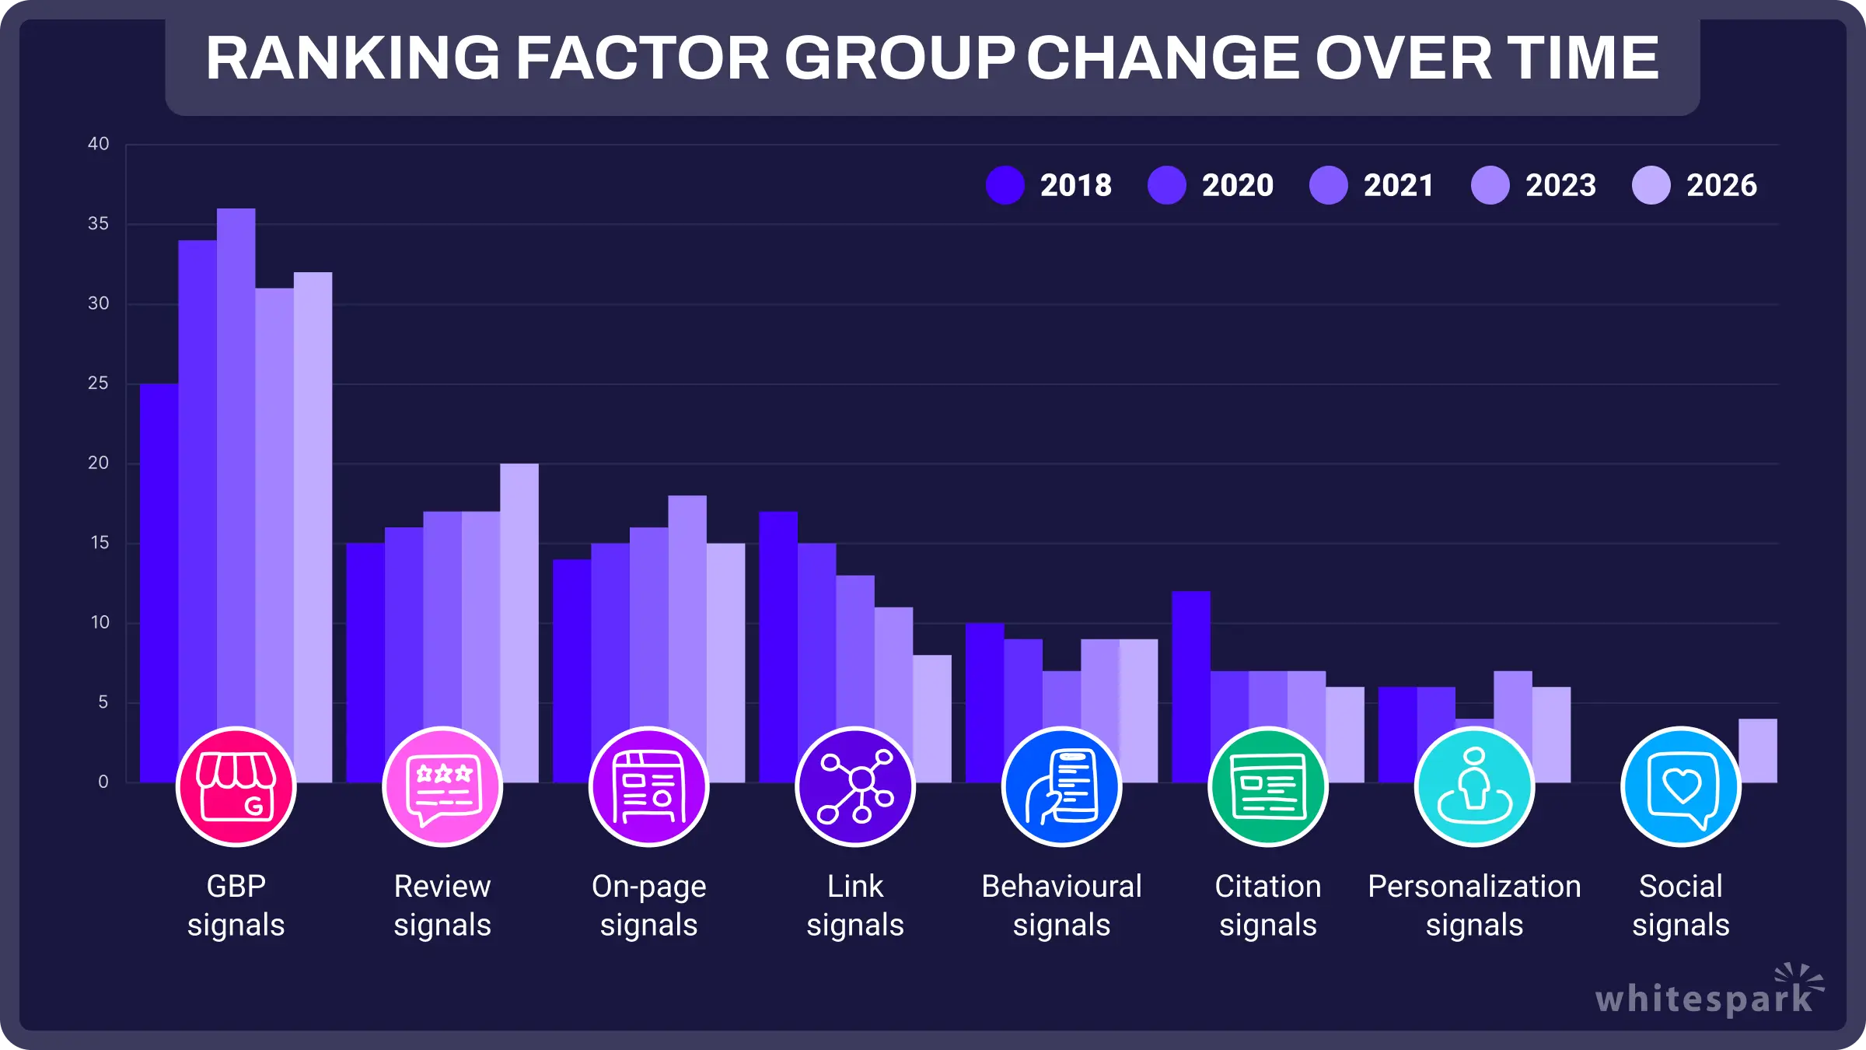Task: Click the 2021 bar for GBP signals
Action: (236, 467)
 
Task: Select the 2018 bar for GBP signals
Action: (159, 560)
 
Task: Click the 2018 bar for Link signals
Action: (778, 622)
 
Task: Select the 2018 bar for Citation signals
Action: (1191, 661)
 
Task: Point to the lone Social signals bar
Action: (1757, 751)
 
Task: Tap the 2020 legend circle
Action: (1166, 185)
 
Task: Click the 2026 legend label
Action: (1721, 185)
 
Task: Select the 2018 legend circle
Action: (1005, 185)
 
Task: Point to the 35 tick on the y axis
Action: (98, 224)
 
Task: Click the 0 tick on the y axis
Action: (103, 782)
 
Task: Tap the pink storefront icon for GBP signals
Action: (236, 786)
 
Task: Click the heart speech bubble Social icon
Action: (1680, 786)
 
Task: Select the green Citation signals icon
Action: (1267, 786)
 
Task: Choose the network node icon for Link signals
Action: (855, 786)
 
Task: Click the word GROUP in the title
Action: (899, 58)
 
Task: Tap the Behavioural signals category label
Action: (1061, 905)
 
